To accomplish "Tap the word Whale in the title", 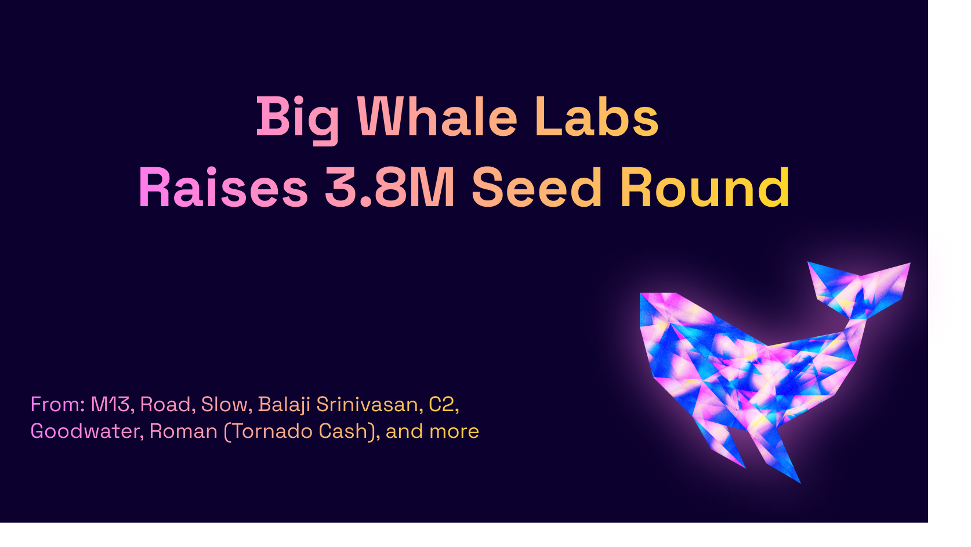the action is [437, 116].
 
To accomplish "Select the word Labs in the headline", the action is [597, 116].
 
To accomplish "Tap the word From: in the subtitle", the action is [57, 404].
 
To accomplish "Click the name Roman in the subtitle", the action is [183, 431].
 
